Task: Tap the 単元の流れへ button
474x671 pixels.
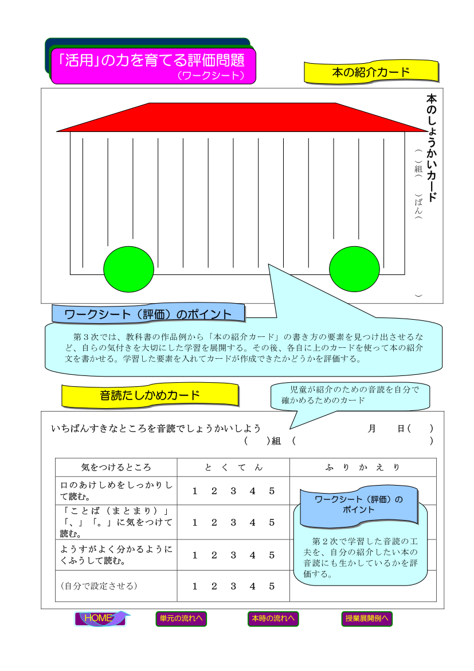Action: (181, 618)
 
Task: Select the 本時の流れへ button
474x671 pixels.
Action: (273, 618)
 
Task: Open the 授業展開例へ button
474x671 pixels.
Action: (367, 618)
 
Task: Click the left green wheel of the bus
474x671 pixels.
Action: (128, 269)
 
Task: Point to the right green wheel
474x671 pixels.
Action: (354, 269)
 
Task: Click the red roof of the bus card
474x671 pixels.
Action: (242, 117)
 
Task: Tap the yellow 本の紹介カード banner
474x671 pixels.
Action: (371, 72)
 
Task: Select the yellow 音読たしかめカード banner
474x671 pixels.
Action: (150, 395)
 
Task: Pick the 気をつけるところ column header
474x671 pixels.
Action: (116, 467)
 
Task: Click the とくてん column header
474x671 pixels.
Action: (233, 467)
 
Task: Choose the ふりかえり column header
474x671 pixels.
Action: (363, 467)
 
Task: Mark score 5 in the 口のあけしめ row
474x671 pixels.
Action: (272, 491)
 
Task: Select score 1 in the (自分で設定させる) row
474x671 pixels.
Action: (195, 586)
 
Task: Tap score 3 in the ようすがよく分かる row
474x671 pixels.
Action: (233, 556)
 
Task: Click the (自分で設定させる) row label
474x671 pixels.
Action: (99, 586)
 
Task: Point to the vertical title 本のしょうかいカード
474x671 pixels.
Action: (431, 148)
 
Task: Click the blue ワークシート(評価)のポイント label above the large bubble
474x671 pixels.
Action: (148, 313)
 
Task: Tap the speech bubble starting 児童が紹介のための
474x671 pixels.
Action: (350, 395)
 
